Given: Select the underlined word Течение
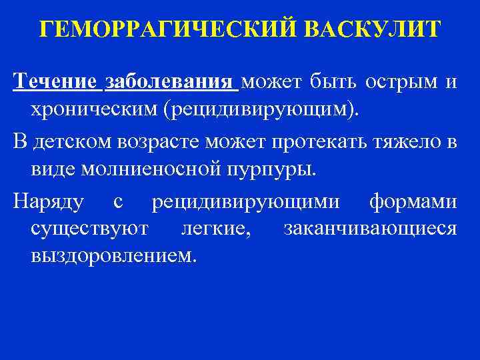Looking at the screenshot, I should point(55,82).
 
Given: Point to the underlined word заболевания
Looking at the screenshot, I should point(170,82).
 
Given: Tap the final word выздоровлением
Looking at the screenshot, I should point(113,257).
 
